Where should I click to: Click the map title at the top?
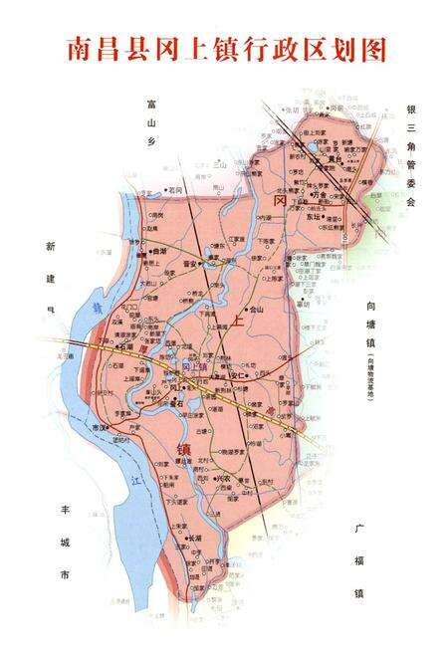point(224,47)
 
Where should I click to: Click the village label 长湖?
point(195,539)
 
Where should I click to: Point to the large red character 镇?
point(184,449)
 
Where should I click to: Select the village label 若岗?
point(177,188)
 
